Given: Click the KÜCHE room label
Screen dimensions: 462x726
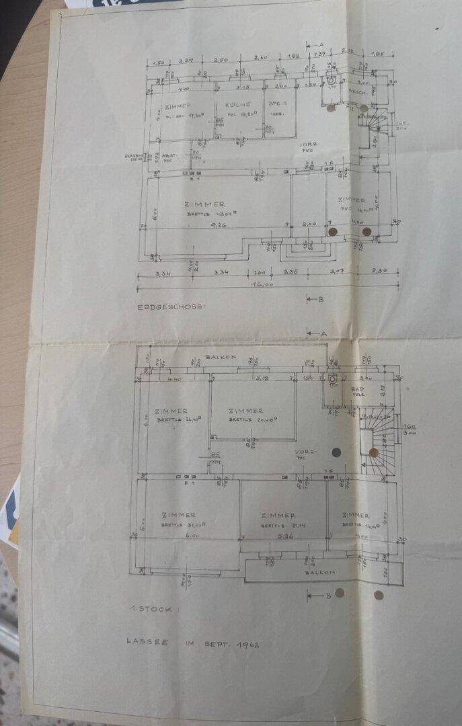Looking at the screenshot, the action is [238, 105].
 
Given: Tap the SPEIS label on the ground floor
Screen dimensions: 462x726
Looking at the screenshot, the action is [277, 104].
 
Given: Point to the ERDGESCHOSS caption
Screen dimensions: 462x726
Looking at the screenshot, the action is [171, 307].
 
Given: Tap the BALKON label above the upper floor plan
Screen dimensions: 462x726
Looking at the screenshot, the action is [221, 358].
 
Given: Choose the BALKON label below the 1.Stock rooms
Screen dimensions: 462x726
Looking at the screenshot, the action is [319, 573].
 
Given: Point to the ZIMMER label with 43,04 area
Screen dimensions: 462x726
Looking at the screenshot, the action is [204, 204].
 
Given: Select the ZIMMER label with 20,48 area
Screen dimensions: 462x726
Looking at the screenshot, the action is [245, 411].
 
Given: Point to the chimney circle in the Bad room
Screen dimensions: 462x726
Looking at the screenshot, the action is [332, 378].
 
